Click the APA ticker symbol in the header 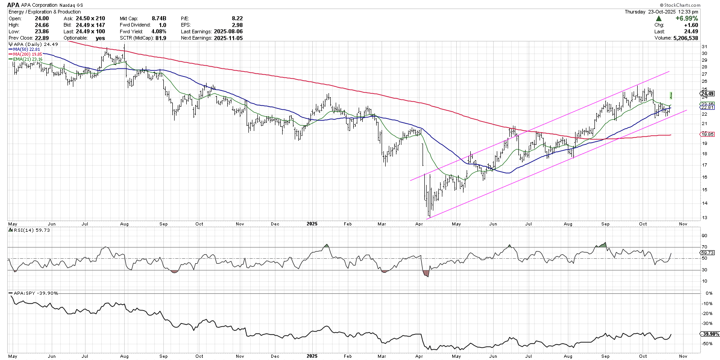pyautogui.click(x=13, y=5)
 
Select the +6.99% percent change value pyautogui.click(x=687, y=18)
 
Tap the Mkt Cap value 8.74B pyautogui.click(x=159, y=18)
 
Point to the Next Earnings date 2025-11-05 pyautogui.click(x=228, y=38)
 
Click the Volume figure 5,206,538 pyautogui.click(x=686, y=38)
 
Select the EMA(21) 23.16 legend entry pyautogui.click(x=27, y=59)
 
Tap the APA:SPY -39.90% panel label pyautogui.click(x=36, y=293)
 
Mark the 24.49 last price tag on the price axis pyautogui.click(x=708, y=94)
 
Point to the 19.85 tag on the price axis pyautogui.click(x=708, y=134)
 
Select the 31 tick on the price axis pyautogui.click(x=704, y=46)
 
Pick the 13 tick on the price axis pyautogui.click(x=704, y=218)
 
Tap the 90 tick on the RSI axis pyautogui.click(x=704, y=235)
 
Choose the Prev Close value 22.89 pyautogui.click(x=42, y=38)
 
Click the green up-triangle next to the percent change pyautogui.click(x=659, y=18)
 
